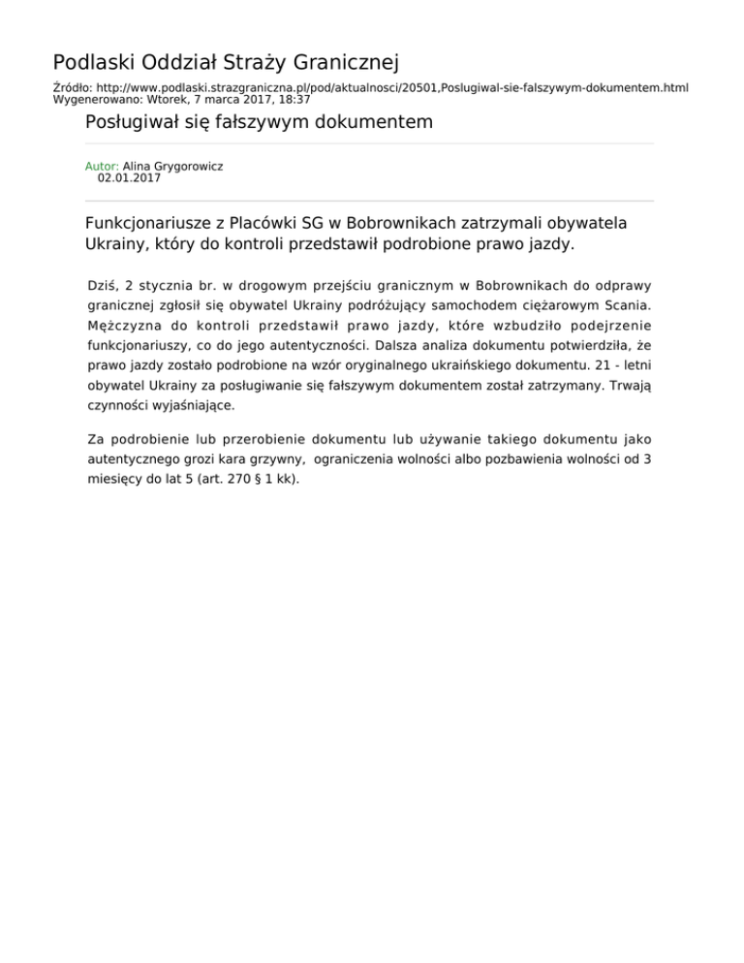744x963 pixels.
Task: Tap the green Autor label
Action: click(102, 167)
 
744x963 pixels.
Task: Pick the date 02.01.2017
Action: click(130, 178)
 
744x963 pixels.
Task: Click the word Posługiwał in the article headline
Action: click(135, 123)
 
